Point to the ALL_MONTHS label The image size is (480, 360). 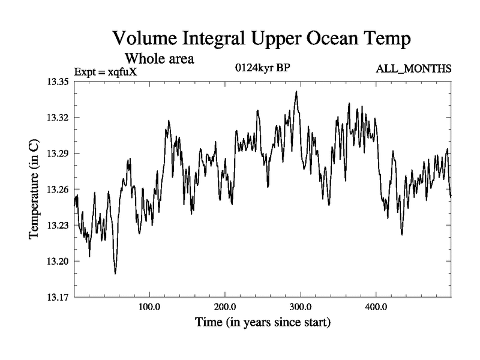(413, 70)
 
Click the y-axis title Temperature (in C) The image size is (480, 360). (34, 190)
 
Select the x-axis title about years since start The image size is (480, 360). (263, 322)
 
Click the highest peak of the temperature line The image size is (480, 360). (296, 91)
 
